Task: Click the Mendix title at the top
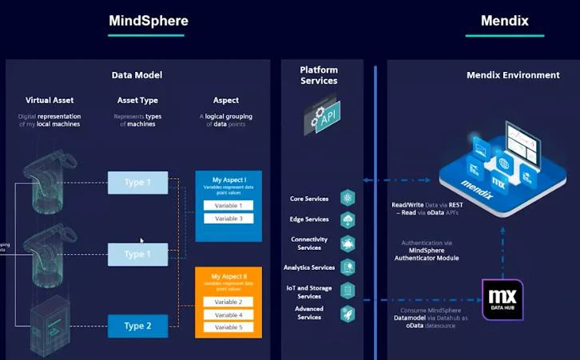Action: (504, 21)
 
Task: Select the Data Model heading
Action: (137, 75)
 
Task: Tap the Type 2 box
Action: (137, 326)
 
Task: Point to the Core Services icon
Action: (348, 198)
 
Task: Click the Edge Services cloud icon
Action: (348, 220)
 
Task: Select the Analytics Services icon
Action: (348, 267)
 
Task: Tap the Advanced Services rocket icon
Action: (348, 314)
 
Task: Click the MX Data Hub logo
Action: (503, 300)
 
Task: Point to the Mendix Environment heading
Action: (512, 75)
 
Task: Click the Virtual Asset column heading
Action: (49, 101)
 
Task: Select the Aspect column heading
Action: (226, 101)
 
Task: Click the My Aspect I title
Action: (228, 180)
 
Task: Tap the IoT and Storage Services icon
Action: (348, 291)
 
